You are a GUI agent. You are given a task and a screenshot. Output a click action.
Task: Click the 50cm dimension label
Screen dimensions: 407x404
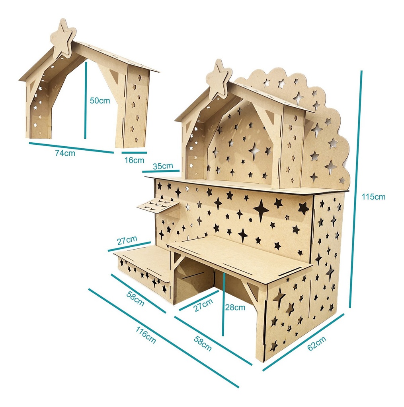[x=100, y=101]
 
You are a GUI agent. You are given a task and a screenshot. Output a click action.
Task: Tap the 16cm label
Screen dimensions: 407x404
[x=134, y=160]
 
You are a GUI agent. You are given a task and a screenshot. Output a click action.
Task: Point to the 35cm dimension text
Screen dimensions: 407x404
[x=163, y=166]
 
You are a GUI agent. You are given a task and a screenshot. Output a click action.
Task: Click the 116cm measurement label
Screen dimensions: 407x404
[x=146, y=335]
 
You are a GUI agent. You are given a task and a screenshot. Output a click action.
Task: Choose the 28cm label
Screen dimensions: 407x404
[x=234, y=307]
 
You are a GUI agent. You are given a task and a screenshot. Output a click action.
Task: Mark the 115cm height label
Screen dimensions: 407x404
[x=373, y=196]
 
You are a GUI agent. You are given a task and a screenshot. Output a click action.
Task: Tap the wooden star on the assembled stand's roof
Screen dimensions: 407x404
[x=219, y=79]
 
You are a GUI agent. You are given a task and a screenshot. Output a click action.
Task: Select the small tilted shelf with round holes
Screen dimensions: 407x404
[x=158, y=205]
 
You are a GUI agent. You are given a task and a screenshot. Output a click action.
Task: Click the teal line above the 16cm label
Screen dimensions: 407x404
[x=134, y=152]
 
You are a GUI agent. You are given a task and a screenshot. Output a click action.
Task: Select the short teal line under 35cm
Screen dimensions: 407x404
[x=161, y=171]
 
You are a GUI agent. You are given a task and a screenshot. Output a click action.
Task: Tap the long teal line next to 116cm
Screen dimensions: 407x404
[x=163, y=338]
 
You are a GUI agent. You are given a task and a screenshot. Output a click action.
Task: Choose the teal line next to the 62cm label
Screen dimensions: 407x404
[x=303, y=341]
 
